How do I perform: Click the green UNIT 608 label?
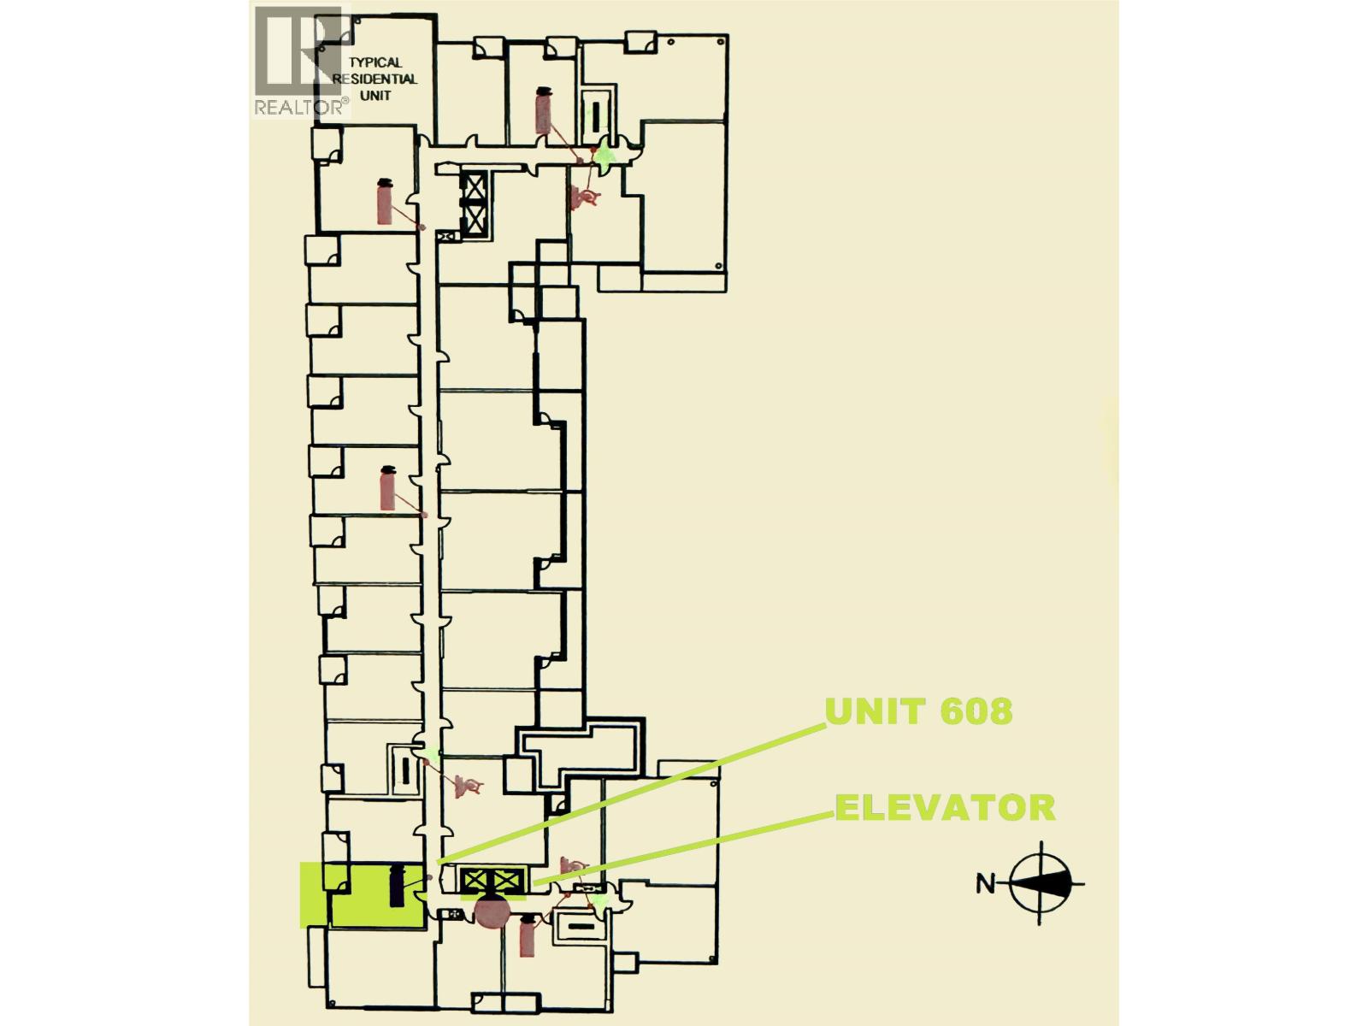pos(918,711)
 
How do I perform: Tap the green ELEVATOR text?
pos(945,808)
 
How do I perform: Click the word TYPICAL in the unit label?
pos(374,62)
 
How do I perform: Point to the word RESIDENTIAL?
pos(374,79)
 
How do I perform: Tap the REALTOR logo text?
pos(301,107)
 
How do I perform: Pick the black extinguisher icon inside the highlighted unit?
pos(397,887)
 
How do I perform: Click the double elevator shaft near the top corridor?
pos(473,203)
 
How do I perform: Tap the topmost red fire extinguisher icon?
pos(543,109)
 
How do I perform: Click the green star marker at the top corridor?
pos(605,155)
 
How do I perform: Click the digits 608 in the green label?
pos(972,711)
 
